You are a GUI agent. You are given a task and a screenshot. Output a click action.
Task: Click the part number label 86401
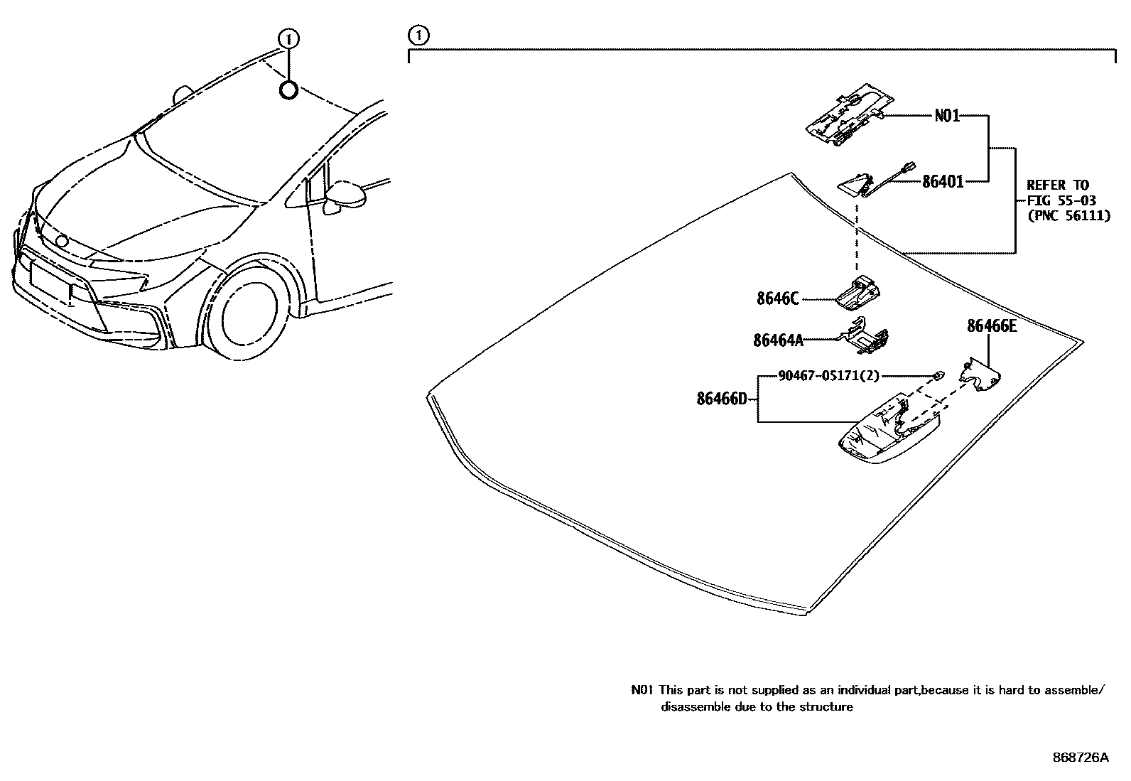pyautogui.click(x=943, y=182)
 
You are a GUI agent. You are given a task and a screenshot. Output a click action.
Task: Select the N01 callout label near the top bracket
pyautogui.click(x=947, y=115)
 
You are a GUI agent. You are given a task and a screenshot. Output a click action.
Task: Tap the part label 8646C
pyautogui.click(x=777, y=299)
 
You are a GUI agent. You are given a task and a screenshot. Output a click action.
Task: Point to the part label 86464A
pyautogui.click(x=778, y=340)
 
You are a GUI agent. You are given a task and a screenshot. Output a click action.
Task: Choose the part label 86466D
pyautogui.click(x=722, y=399)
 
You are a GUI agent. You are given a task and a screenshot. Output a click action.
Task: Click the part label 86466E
pyautogui.click(x=991, y=326)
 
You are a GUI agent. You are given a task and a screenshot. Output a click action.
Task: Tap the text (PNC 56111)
pyautogui.click(x=1068, y=216)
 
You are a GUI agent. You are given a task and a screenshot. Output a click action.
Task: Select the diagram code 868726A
pyautogui.click(x=1080, y=758)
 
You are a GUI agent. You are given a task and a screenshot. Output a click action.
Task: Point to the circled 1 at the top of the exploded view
pyautogui.click(x=418, y=34)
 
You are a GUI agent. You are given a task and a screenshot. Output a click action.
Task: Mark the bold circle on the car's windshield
pyautogui.click(x=288, y=90)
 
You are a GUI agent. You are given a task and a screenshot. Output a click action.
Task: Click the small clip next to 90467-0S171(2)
pyautogui.click(x=938, y=375)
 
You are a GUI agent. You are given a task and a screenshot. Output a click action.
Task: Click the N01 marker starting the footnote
pyautogui.click(x=642, y=689)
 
